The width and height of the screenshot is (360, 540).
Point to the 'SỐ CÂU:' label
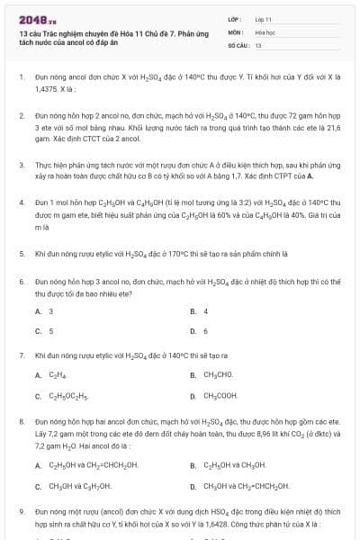pos(237,44)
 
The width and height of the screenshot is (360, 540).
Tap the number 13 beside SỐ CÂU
pos(258,44)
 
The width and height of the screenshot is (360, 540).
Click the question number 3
pos(21,166)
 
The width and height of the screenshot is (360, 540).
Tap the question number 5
pos(21,254)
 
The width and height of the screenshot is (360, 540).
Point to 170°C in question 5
pos(163,254)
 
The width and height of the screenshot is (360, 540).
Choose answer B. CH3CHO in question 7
pos(216,375)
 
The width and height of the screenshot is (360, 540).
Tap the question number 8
pos(21,420)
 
